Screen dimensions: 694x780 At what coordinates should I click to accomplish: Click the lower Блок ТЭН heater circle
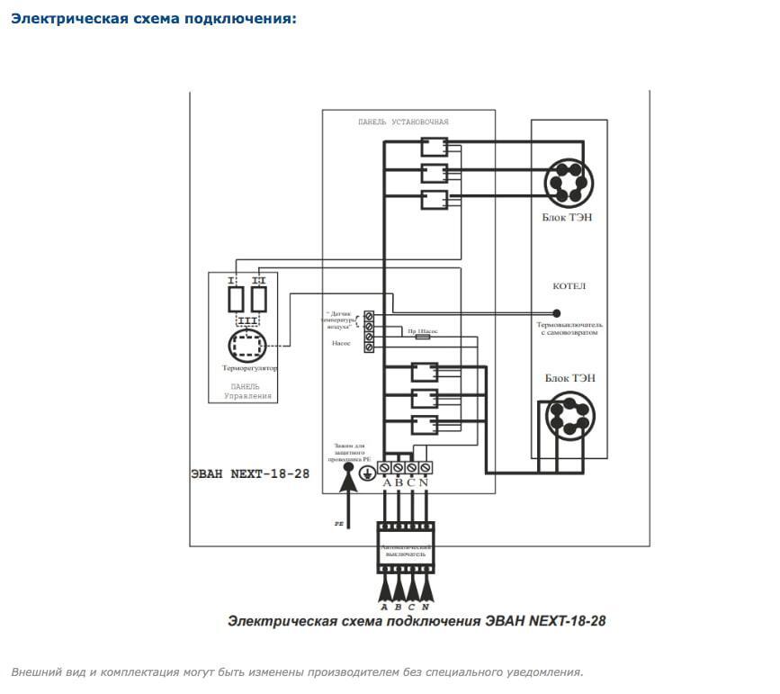click(569, 416)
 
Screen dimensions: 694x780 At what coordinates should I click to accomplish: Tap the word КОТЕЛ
click(569, 286)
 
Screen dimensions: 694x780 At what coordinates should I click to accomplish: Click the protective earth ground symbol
click(367, 472)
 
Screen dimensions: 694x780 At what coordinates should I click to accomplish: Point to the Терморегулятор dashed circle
click(247, 347)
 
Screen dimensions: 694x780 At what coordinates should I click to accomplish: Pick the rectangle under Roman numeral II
click(259, 297)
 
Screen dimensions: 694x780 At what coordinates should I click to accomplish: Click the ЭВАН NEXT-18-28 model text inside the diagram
click(250, 473)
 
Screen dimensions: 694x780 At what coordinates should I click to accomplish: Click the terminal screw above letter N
click(426, 467)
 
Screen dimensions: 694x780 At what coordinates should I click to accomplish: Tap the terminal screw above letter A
click(384, 467)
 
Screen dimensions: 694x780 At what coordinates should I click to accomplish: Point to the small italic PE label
click(339, 521)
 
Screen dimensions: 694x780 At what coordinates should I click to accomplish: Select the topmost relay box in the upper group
click(435, 145)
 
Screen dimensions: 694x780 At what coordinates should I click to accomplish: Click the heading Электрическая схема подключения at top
click(153, 18)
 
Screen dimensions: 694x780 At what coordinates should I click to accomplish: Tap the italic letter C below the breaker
click(412, 607)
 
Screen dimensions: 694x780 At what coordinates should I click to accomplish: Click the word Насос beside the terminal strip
click(341, 344)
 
